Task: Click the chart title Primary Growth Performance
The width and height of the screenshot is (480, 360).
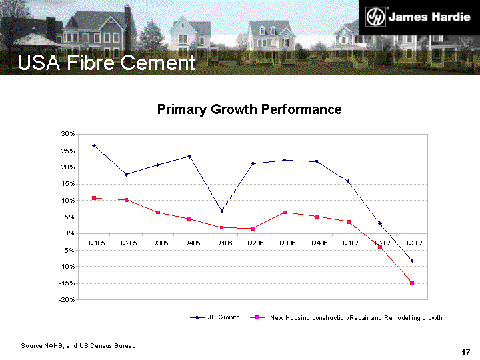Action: point(249,109)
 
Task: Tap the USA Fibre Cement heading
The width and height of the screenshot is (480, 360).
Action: point(106,63)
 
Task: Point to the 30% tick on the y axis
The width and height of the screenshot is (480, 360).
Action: point(67,134)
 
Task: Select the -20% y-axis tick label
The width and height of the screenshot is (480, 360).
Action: point(65,300)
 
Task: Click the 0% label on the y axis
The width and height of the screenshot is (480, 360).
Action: point(69,233)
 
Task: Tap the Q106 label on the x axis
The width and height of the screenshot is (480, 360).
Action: point(224,243)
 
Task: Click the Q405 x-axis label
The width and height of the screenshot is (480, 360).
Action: point(192,243)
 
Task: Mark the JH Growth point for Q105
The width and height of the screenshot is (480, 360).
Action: point(94,145)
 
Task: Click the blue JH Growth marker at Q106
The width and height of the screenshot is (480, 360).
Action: point(221,211)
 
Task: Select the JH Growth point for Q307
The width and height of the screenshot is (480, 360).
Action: point(412,261)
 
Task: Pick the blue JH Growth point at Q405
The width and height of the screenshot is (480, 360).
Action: point(189,157)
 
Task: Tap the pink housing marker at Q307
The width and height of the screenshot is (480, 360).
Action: point(412,283)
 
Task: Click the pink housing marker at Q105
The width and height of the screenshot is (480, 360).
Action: point(94,198)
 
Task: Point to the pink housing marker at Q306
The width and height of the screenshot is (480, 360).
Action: point(285,213)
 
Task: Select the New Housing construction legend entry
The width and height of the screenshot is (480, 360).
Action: point(347,317)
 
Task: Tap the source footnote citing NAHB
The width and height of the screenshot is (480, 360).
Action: point(78,346)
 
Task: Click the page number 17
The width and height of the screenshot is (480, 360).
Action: point(466,352)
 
